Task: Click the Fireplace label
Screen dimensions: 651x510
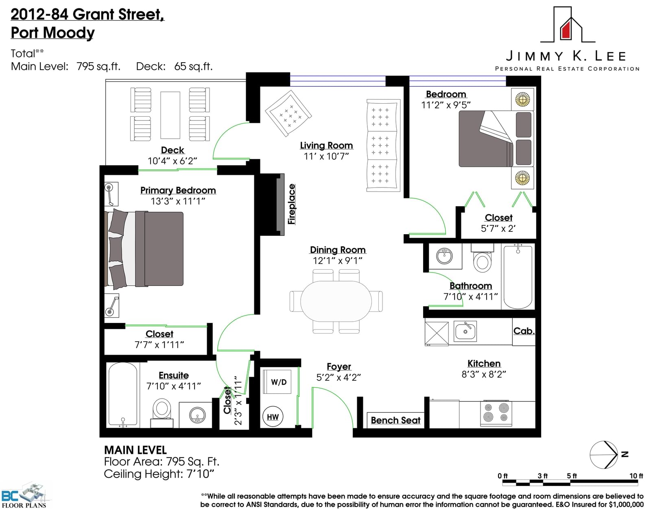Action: [291, 204]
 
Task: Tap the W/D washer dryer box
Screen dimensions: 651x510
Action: [277, 381]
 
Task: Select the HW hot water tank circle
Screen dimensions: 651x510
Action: [273, 416]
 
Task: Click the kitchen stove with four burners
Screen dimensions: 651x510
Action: [496, 413]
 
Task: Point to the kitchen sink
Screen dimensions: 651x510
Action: [465, 331]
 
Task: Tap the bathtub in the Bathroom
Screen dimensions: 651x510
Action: [518, 277]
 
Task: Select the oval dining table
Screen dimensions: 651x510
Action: [336, 301]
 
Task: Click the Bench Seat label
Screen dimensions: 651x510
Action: [395, 421]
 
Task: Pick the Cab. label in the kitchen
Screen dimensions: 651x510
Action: [524, 331]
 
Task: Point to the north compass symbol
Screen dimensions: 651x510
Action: [604, 455]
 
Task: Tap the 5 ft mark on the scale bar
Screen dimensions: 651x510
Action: [571, 475]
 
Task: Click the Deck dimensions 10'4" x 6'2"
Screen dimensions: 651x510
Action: [172, 161]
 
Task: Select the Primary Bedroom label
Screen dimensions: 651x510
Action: [178, 190]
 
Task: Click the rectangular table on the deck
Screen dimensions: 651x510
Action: [170, 115]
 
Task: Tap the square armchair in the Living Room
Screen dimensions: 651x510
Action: [288, 113]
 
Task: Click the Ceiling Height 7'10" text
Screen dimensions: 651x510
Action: [159, 474]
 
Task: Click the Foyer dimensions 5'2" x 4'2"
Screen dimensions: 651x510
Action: [339, 378]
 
